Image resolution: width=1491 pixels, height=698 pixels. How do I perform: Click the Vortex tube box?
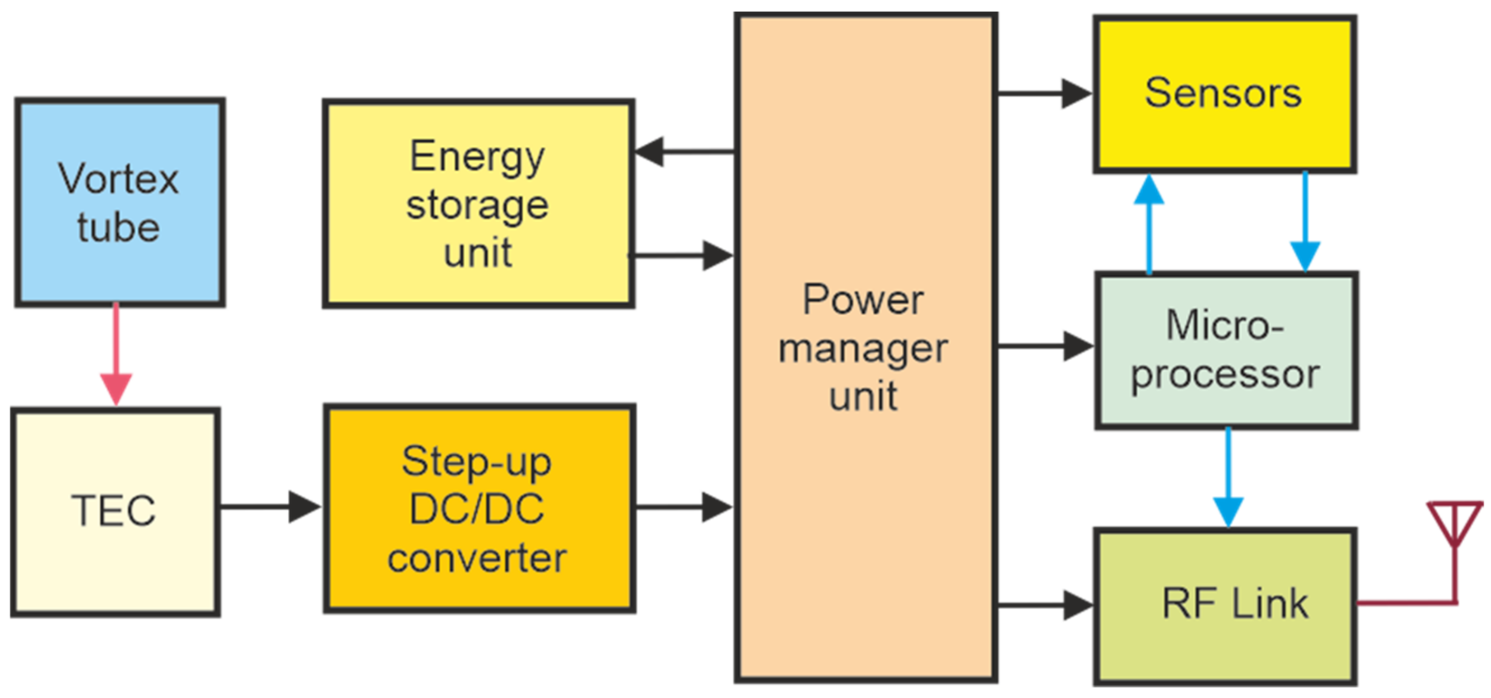click(x=119, y=203)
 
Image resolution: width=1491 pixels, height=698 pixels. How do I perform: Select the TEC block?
click(x=115, y=512)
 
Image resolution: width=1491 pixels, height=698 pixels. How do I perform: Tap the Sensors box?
click(x=1224, y=94)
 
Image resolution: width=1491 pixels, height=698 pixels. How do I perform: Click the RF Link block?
click(x=1225, y=606)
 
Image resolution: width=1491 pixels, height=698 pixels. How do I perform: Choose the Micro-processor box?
click(x=1226, y=351)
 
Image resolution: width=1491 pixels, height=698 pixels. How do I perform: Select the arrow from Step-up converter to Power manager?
click(x=683, y=507)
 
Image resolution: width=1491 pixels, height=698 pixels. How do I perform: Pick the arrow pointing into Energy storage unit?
click(x=683, y=152)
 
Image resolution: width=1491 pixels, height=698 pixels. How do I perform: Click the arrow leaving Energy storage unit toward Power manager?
click(x=683, y=255)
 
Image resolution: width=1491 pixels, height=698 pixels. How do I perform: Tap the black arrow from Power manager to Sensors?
click(x=1044, y=94)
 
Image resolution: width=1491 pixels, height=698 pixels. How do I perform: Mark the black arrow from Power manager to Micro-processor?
click(x=1044, y=346)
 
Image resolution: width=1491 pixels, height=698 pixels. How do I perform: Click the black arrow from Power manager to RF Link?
click(x=1044, y=606)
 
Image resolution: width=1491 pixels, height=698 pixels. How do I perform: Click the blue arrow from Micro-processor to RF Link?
click(x=1228, y=477)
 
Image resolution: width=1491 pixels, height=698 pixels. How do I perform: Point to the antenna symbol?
click(x=1455, y=537)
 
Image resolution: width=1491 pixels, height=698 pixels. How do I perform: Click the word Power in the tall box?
click(x=863, y=299)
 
